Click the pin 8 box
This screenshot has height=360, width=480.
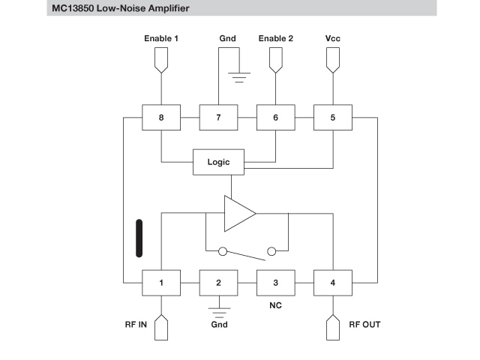(x=161, y=118)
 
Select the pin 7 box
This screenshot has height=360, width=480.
(x=218, y=118)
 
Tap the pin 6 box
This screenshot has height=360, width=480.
(x=275, y=118)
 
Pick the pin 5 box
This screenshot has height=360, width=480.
(x=332, y=118)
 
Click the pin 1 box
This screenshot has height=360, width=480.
(x=161, y=283)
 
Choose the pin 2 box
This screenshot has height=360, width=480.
(x=218, y=283)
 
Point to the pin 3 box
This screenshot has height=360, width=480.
(x=275, y=283)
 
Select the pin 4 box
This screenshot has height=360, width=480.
(x=332, y=283)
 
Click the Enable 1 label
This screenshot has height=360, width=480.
(x=161, y=37)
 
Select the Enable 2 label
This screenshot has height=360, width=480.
(x=275, y=37)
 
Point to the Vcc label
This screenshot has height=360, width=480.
(x=332, y=37)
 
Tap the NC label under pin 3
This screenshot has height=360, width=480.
(x=275, y=306)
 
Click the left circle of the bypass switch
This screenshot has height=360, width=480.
(x=223, y=251)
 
